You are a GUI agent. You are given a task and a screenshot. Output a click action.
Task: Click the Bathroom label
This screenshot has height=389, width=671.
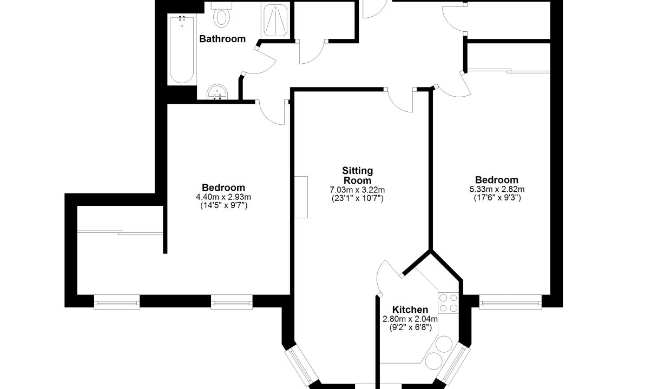click(x=222, y=39)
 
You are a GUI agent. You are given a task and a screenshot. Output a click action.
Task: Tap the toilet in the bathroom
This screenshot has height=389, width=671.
click(x=222, y=15)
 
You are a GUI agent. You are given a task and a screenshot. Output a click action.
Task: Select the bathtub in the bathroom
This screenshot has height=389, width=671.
click(x=182, y=49)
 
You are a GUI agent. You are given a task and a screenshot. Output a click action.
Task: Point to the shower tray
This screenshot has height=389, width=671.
click(x=275, y=21)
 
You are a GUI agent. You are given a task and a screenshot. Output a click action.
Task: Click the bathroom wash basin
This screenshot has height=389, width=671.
click(x=217, y=92)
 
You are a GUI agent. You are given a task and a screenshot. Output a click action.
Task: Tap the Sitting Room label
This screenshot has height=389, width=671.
click(x=357, y=176)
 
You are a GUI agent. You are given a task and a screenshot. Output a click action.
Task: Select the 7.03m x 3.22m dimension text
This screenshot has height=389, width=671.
click(x=357, y=190)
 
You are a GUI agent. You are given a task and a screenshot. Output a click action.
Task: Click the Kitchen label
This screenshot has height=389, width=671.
click(x=410, y=310)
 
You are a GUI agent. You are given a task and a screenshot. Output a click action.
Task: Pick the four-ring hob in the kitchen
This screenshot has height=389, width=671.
click(x=449, y=303)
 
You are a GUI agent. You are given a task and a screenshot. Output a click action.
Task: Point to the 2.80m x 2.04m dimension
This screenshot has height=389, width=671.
click(x=410, y=319)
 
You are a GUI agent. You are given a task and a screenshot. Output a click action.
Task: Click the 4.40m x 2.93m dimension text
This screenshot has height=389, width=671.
click(x=223, y=197)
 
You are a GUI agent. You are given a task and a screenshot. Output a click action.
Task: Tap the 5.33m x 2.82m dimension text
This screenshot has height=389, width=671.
click(x=497, y=189)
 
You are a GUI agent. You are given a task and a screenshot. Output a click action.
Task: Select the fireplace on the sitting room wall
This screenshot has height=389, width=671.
click(x=301, y=197)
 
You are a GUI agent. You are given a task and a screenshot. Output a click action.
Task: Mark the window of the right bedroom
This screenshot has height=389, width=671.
click(x=510, y=302)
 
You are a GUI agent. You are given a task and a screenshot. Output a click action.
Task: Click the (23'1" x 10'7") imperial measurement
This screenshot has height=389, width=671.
click(x=357, y=198)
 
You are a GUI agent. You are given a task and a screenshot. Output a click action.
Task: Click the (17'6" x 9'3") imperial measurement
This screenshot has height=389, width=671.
click(x=497, y=198)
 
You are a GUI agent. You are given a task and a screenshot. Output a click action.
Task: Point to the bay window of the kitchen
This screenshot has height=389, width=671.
click(x=454, y=365)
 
